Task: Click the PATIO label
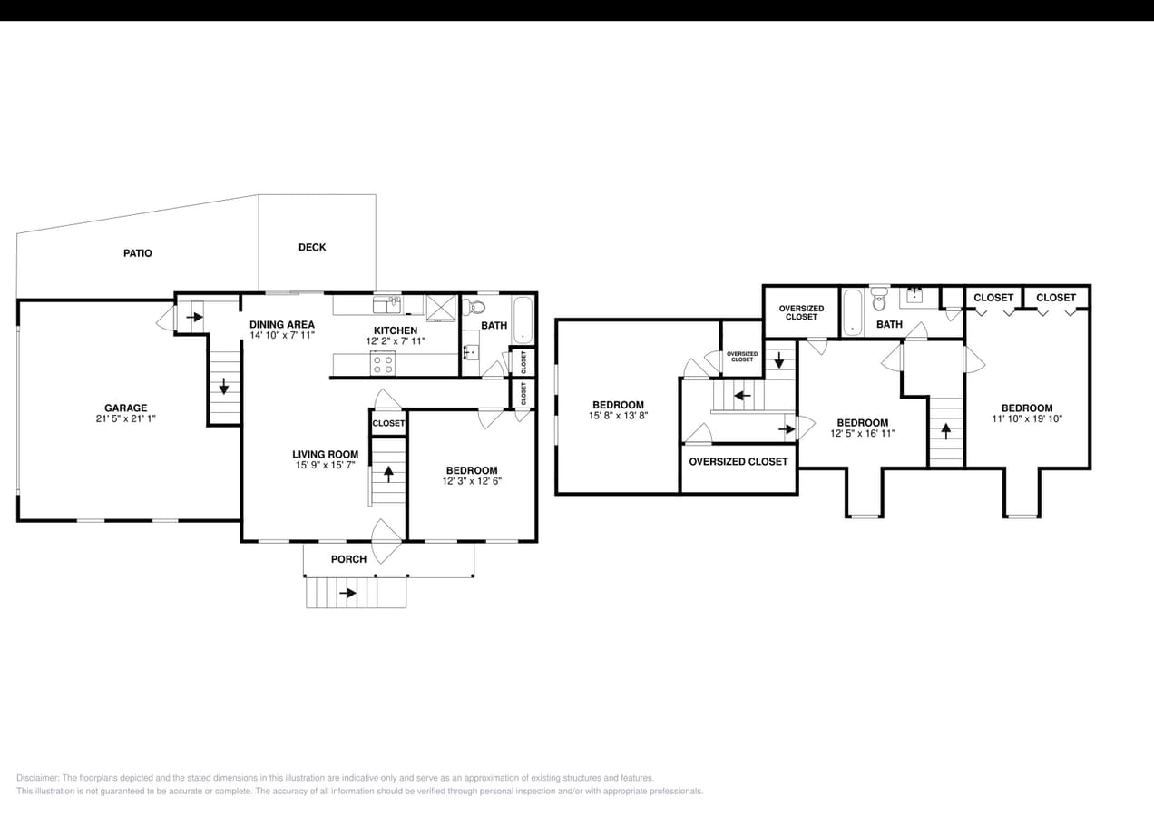pos(138,253)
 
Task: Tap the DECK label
pos(312,247)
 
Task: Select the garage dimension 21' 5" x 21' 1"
pos(125,419)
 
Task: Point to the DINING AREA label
pos(282,324)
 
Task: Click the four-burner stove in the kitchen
pos(383,364)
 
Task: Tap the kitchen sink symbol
pos(387,304)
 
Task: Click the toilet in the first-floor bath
pos(469,306)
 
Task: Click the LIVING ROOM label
pos(325,454)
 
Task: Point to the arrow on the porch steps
pos(347,593)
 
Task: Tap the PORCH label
pos(348,559)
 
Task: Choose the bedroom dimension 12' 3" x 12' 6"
pos(473,481)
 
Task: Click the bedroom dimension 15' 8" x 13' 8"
pos(618,416)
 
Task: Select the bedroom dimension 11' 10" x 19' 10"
pos(1027,419)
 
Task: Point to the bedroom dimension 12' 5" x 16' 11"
pos(862,434)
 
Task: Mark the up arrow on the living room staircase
pos(388,472)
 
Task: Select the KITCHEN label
pos(396,330)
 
